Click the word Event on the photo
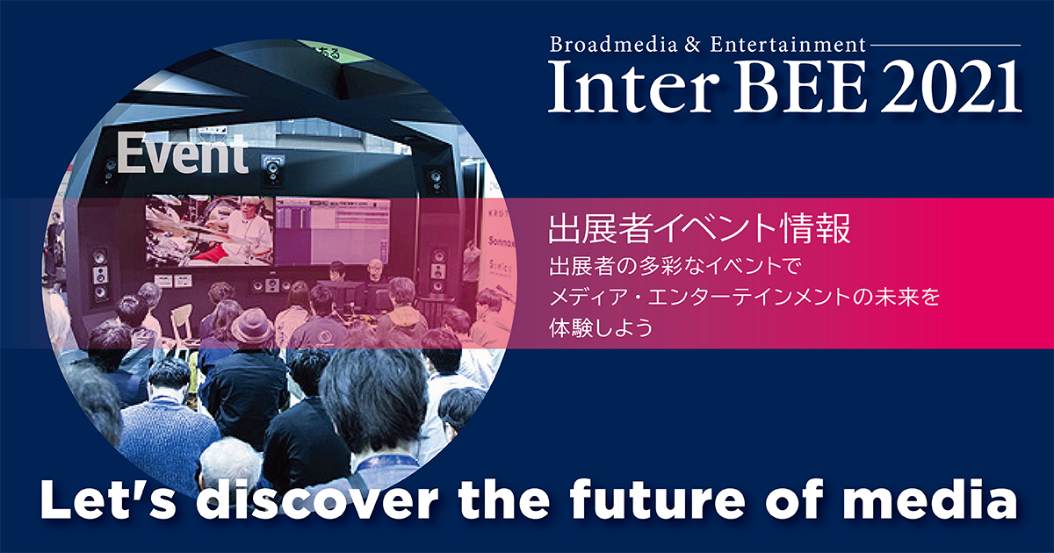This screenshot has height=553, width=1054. pyautogui.click(x=184, y=155)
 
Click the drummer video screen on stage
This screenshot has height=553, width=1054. pyautogui.click(x=209, y=229)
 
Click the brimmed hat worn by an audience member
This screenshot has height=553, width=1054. pyautogui.click(x=251, y=325)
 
